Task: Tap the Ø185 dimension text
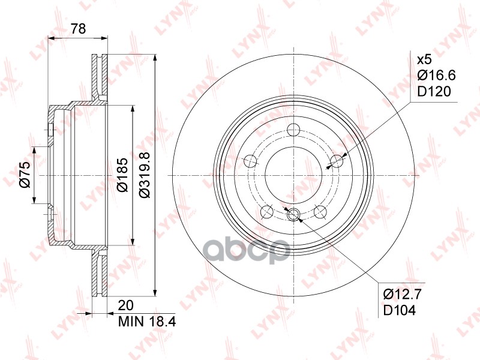[122, 175]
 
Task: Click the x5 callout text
[424, 59]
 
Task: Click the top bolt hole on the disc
[293, 129]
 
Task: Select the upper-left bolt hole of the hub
[251, 160]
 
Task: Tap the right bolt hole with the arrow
[337, 160]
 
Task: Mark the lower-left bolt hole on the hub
[268, 211]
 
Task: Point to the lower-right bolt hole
[320, 211]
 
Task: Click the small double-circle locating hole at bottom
[293, 215]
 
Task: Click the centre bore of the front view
[294, 175]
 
